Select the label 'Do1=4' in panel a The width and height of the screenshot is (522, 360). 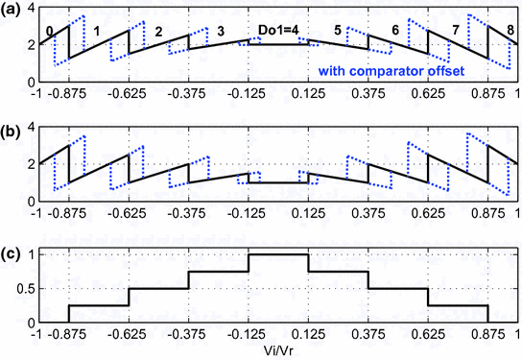[277, 31]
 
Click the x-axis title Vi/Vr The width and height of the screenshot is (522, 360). [277, 352]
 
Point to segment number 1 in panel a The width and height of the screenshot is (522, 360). [96, 32]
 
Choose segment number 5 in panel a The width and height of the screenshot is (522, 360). [337, 32]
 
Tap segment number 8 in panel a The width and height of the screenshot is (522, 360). [508, 32]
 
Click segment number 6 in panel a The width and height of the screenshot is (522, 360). [395, 32]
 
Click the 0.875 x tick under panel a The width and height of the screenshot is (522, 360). [487, 94]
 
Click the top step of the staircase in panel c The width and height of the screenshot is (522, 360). [277, 255]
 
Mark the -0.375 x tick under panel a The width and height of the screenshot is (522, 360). [187, 94]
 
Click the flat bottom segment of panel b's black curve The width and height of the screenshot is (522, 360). [277, 182]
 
